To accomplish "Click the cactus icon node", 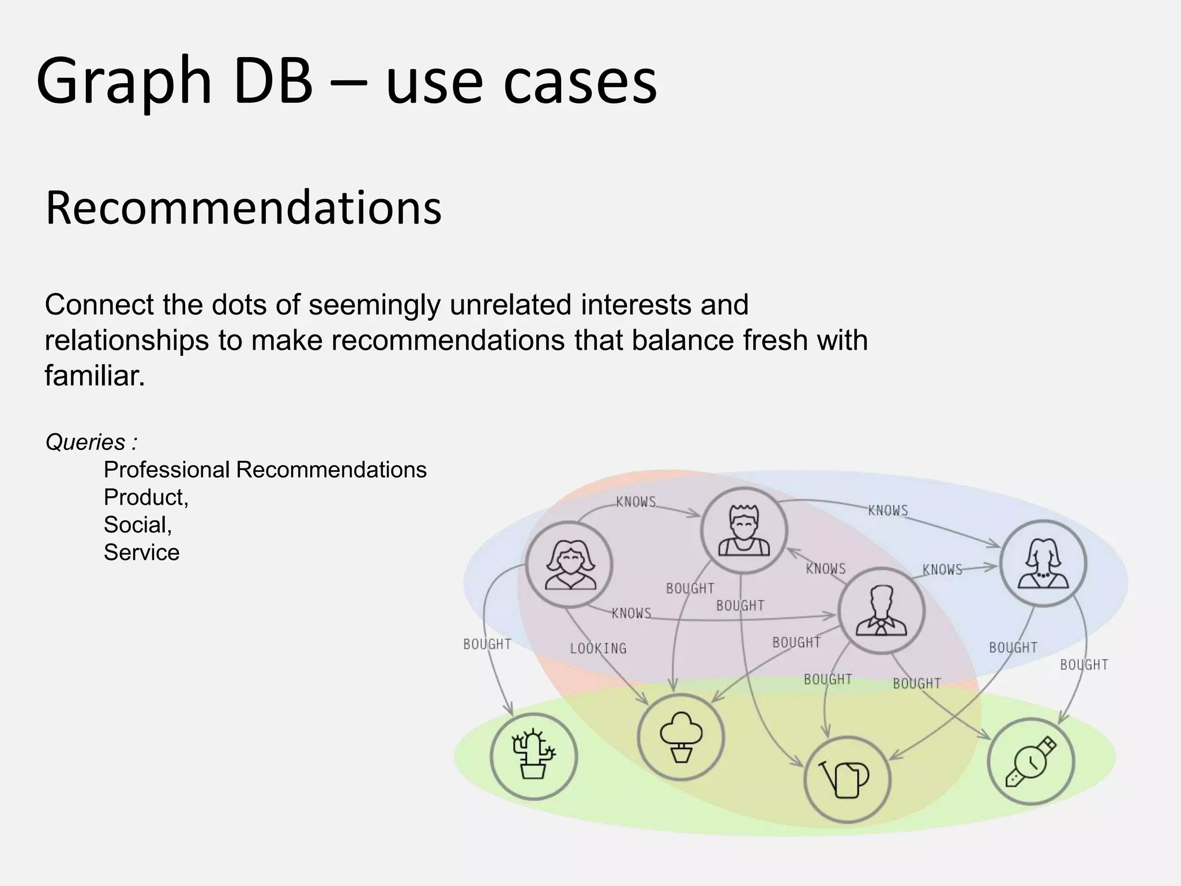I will tap(534, 756).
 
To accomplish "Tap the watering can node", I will tap(847, 779).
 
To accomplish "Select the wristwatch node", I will tap(1031, 761).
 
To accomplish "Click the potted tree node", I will tap(681, 737).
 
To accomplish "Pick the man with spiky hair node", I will tap(744, 530).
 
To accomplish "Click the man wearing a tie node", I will tap(881, 610).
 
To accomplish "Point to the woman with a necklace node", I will tap(1043, 563).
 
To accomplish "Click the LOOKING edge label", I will tap(598, 648).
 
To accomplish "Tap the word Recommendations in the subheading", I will tap(243, 208).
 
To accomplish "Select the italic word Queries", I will tap(85, 442).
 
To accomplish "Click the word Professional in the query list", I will tap(167, 470).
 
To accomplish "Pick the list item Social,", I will tap(138, 525).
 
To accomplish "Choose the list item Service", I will tap(141, 553).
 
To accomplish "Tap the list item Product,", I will tap(146, 497).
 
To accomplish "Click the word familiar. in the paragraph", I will tap(95, 376).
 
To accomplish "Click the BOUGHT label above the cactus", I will tap(487, 644).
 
